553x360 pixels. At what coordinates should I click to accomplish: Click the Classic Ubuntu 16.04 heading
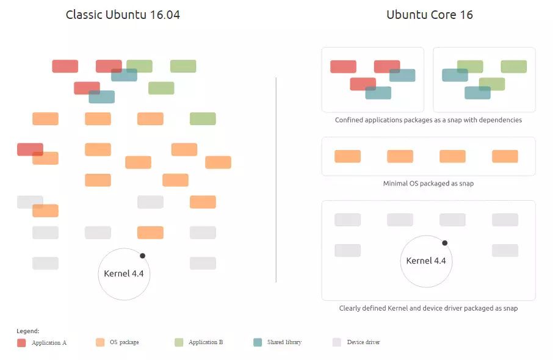click(x=123, y=15)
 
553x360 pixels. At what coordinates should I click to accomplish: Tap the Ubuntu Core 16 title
click(x=430, y=15)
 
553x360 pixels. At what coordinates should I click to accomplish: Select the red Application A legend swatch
click(x=21, y=343)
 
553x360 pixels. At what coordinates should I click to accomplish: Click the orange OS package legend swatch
click(x=100, y=342)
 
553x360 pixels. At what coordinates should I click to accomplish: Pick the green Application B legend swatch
click(x=179, y=342)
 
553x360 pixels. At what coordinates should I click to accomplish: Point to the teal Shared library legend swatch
click(x=258, y=342)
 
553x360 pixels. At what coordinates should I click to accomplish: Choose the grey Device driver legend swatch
click(x=337, y=342)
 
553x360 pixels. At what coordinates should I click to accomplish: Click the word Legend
click(x=28, y=331)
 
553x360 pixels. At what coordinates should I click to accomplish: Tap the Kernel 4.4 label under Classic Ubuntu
click(x=124, y=273)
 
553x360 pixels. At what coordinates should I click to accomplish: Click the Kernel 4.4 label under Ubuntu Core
click(x=426, y=261)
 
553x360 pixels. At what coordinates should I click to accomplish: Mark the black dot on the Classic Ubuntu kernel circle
click(x=142, y=256)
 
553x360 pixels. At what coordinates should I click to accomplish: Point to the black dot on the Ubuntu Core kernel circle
click(x=445, y=243)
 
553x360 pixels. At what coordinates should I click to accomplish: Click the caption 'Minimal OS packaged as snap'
click(x=428, y=183)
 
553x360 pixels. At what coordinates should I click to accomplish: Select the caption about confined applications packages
click(x=428, y=120)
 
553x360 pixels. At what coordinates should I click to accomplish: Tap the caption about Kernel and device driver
click(x=428, y=308)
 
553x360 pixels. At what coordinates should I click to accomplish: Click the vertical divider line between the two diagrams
click(x=276, y=180)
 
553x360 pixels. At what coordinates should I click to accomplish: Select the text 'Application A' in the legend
click(x=49, y=343)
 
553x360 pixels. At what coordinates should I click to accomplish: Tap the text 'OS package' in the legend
click(x=125, y=342)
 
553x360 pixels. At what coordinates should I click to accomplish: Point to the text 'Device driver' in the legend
click(x=364, y=342)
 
